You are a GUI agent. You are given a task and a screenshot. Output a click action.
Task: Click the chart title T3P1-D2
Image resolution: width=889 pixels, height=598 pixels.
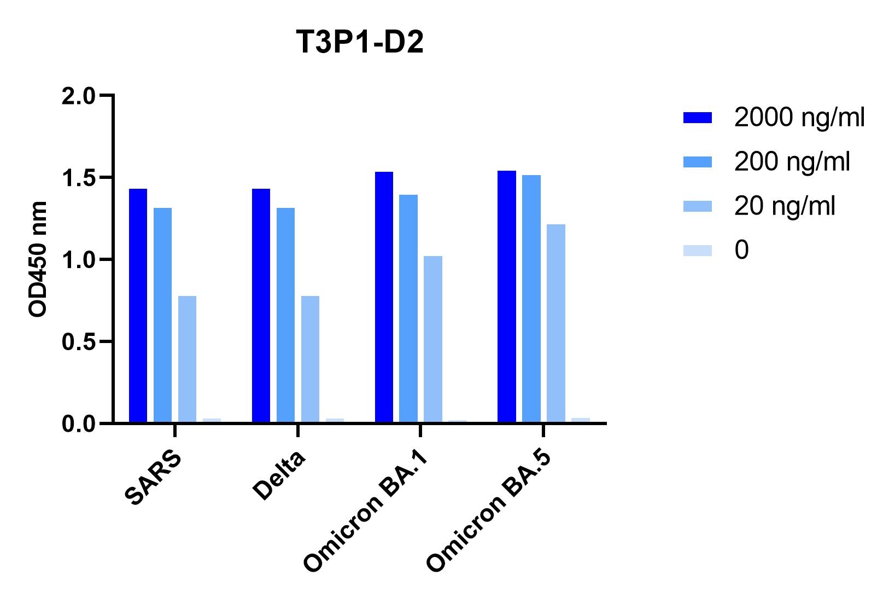tap(360, 43)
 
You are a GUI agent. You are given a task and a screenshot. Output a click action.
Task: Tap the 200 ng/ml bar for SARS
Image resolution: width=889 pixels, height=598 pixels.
tap(162, 315)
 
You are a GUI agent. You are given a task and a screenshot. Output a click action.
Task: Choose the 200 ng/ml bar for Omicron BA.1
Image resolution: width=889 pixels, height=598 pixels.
tap(408, 309)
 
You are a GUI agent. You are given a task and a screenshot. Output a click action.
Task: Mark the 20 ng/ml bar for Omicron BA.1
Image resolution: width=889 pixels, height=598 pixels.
tap(432, 339)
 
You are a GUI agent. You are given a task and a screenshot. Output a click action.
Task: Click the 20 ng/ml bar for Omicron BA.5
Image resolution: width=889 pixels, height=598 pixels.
tap(555, 323)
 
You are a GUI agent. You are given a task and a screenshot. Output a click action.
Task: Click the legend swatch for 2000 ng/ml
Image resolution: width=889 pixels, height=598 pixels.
tap(697, 118)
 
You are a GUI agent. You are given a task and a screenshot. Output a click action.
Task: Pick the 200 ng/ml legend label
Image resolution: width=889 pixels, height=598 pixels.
tap(792, 162)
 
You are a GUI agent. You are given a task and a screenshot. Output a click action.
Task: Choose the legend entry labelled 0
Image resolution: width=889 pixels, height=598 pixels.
tap(741, 251)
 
